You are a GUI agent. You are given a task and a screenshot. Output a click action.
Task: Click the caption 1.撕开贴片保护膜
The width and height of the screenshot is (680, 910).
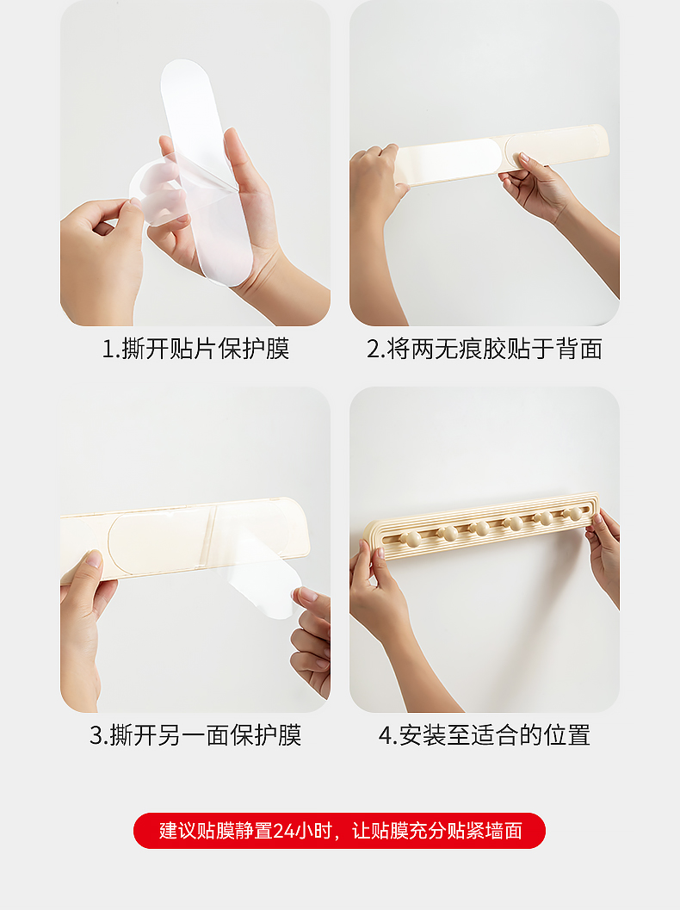pyautogui.click(x=195, y=349)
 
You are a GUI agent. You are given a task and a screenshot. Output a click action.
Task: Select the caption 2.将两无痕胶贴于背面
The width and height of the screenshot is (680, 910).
pyautogui.click(x=485, y=349)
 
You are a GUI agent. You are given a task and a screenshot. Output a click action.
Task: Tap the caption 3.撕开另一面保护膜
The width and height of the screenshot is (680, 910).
pyautogui.click(x=195, y=735)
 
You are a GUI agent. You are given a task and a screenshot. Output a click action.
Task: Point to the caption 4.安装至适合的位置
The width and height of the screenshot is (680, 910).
pyautogui.click(x=485, y=735)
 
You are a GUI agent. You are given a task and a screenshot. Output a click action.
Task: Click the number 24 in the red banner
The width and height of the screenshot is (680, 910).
pyautogui.click(x=283, y=831)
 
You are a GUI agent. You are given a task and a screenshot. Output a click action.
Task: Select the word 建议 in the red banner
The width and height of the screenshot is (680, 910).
pyautogui.click(x=177, y=831)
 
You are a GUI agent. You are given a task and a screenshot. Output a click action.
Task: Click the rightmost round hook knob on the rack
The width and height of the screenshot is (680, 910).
pyautogui.click(x=575, y=514)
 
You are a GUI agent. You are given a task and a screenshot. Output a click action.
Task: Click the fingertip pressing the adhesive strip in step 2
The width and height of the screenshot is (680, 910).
pyautogui.click(x=524, y=158)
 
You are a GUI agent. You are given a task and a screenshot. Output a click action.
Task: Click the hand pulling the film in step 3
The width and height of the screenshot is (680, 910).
pyautogui.click(x=311, y=639)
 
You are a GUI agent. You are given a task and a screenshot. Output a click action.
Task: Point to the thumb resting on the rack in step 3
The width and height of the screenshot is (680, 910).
pyautogui.click(x=92, y=563)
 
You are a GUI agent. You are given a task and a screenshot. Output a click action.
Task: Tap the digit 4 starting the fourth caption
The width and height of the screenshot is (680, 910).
pyautogui.click(x=386, y=736)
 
